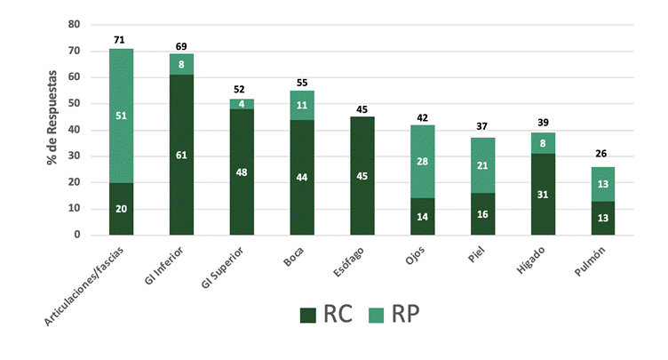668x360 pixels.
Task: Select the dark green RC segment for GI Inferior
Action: point(181,155)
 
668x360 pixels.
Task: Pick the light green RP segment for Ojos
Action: point(422,161)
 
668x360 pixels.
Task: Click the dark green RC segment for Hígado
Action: point(543,194)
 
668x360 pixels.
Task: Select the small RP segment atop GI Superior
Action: point(242,104)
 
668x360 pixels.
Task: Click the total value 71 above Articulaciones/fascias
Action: point(121,40)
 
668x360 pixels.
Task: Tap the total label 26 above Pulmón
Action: point(602,154)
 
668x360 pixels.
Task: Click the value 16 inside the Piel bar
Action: point(482,214)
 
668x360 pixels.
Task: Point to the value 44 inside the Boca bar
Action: point(302,178)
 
